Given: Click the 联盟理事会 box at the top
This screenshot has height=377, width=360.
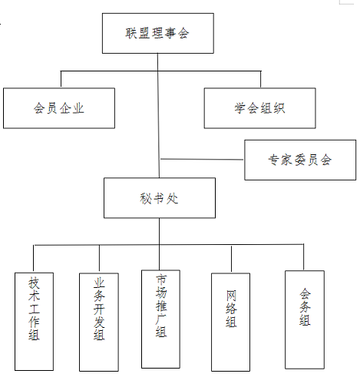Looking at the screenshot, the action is coord(158,33).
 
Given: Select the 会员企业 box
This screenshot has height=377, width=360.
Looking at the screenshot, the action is coord(59,108).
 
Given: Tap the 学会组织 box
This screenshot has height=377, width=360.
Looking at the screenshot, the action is coord(259,108).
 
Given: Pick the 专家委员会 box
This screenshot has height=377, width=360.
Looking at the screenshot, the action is coord(300,160).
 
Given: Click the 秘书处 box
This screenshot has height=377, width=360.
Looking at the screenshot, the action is coord(160,198).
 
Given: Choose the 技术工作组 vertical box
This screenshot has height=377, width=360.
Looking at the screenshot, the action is coord(34,322).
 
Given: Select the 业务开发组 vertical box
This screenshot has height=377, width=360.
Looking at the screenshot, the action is coord(99,322).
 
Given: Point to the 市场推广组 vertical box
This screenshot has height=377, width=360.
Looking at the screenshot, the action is coord(160,319).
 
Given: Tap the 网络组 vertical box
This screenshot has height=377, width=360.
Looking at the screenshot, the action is coord(230,322).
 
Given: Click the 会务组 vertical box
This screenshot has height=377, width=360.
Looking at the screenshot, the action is coord(305,319).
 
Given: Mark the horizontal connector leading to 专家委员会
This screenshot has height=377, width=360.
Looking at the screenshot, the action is coord(202,160).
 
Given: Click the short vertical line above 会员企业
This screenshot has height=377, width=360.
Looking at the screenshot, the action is coord(61,79).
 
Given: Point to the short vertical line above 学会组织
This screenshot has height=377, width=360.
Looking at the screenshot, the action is coord(260,79).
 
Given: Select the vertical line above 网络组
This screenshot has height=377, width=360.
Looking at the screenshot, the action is coord(231,259).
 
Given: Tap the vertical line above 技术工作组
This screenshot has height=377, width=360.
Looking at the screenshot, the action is coord(34,259).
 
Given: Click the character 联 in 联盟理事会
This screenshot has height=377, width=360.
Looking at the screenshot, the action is coord(131,33).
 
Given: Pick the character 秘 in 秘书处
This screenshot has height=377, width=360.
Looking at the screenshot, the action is coord(146,198).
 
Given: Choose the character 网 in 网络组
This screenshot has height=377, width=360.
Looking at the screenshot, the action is coord(231,296).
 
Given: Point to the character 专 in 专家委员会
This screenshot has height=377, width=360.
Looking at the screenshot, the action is coord(273,160).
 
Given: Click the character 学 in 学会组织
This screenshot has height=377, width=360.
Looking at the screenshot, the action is coord(240,108).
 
